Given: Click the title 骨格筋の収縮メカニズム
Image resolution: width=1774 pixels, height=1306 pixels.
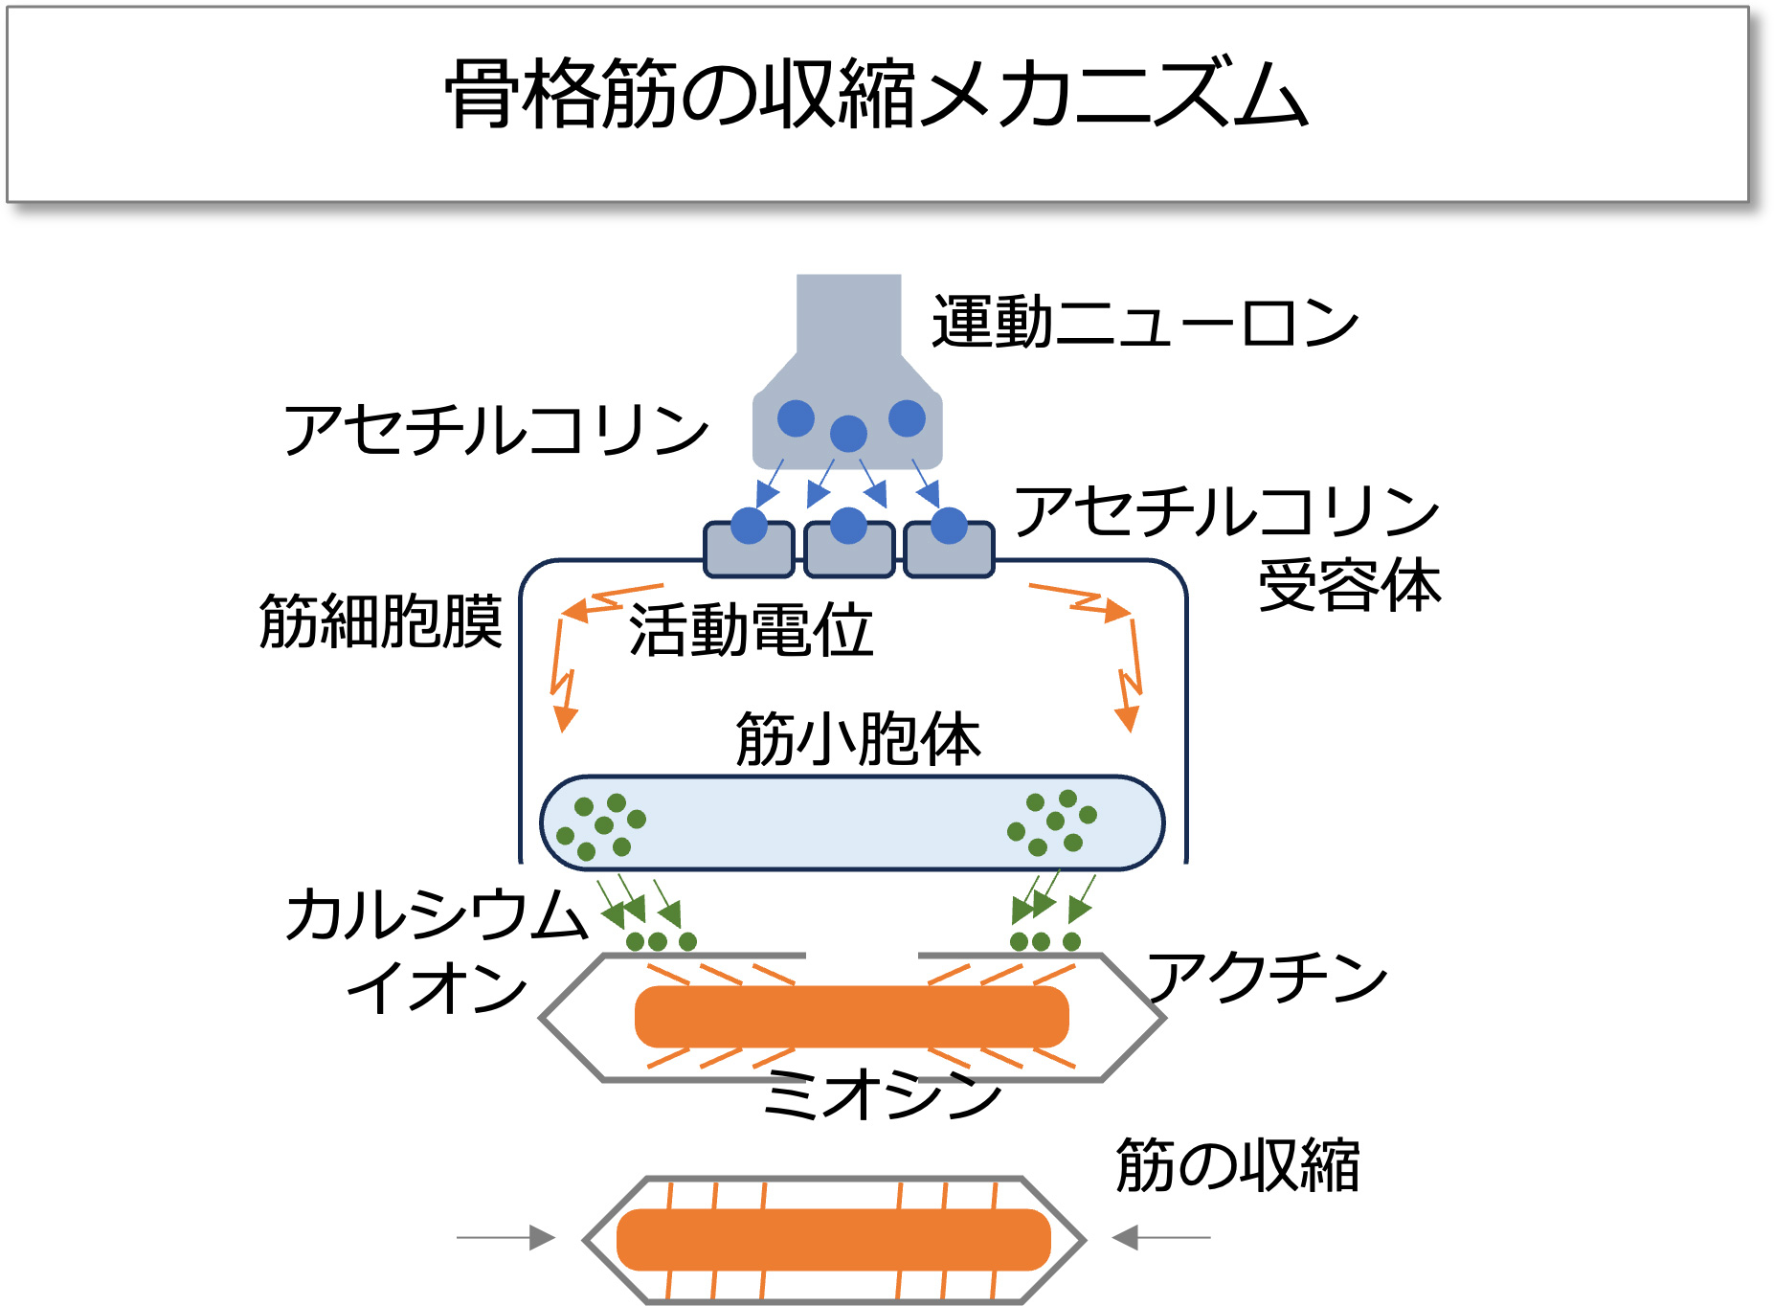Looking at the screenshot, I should (x=876, y=94).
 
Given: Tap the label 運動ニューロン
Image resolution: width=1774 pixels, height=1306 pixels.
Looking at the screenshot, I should (x=1145, y=323).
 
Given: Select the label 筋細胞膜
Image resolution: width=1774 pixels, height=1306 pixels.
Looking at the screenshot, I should (x=380, y=621).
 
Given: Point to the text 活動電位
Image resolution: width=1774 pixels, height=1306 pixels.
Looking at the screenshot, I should (x=751, y=631).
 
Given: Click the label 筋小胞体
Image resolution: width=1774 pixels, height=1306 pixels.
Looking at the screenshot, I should (x=858, y=739).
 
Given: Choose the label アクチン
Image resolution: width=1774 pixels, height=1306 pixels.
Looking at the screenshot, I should (x=1267, y=978).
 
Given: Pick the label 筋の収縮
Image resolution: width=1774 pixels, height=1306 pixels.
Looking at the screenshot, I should (x=1237, y=1165).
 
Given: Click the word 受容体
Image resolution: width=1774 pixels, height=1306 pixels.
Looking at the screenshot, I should (x=1349, y=585).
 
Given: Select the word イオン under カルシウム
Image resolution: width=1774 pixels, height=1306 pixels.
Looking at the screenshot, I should (x=437, y=987).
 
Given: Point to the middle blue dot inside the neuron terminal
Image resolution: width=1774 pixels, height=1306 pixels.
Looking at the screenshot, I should (x=848, y=434).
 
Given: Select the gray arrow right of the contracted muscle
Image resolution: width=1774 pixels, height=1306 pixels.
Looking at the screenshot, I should (x=1160, y=1237).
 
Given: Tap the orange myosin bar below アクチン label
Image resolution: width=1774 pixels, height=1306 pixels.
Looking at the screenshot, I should (x=851, y=1017).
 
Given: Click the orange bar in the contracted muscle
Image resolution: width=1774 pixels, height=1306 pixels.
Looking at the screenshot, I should (x=833, y=1239).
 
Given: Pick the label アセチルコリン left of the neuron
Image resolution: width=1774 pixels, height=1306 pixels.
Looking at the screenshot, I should (x=496, y=430).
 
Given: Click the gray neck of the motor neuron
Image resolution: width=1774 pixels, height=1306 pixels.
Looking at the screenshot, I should (x=848, y=316).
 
